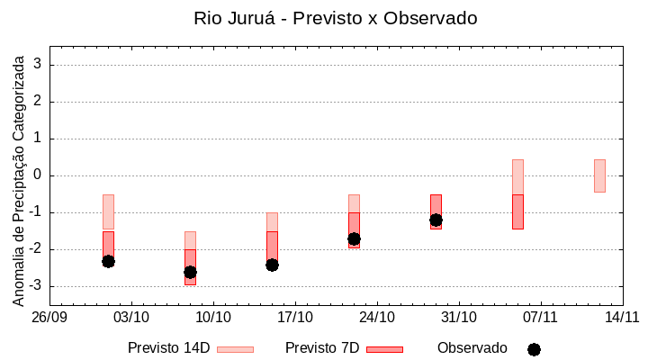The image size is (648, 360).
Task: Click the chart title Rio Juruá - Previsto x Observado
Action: coord(336,18)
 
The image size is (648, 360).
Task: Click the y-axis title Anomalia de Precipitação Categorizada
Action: coord(18,177)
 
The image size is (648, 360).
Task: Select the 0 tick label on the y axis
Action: coord(39,175)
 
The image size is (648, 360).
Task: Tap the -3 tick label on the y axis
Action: coord(35,286)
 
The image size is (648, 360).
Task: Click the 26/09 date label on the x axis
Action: coord(50,317)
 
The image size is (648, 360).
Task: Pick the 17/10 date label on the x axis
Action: coord(295,317)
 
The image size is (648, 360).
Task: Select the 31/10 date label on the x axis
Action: coord(459,317)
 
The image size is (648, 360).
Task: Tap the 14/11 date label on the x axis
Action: coord(622,317)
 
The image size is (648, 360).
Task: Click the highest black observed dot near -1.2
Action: coord(436,220)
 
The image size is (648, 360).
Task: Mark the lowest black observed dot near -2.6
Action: coord(190,272)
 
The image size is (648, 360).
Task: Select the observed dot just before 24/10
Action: coord(354,238)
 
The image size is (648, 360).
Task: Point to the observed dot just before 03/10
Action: coord(108,261)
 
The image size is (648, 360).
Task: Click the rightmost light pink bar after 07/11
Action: coord(599,175)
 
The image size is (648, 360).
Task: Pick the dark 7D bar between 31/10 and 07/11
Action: coord(517,211)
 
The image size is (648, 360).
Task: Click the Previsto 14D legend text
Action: coord(168,348)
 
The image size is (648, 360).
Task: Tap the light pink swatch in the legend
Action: coord(235,349)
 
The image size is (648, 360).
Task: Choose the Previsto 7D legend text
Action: coord(322,348)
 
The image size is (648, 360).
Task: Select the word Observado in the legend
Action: coord(472,348)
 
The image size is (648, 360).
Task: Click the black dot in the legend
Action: coord(534,349)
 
